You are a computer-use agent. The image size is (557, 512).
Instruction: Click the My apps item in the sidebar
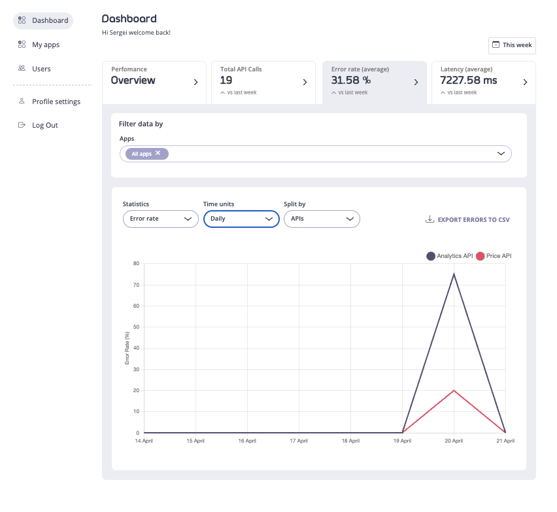pos(45,45)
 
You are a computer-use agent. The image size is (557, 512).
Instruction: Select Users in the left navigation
pos(41,69)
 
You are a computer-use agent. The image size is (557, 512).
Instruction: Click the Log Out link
pos(44,125)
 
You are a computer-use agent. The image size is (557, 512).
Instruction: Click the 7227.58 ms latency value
pos(469,81)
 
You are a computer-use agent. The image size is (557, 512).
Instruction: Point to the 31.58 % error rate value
pos(351,81)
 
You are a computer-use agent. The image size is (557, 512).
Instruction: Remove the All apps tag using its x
pos(158,153)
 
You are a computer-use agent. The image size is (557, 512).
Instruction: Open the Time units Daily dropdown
pos(241,219)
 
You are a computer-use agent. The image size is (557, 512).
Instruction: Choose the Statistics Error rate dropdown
pos(160,219)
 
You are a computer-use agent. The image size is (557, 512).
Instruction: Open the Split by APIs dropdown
pos(322,219)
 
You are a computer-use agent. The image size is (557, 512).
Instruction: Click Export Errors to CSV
pos(467,220)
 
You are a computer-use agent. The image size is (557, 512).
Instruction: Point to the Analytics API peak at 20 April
pos(454,274)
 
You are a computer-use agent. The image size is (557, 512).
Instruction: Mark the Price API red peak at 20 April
pos(454,390)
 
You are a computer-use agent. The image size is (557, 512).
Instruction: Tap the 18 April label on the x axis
pos(350,441)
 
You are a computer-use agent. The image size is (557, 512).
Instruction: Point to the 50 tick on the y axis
pos(136,327)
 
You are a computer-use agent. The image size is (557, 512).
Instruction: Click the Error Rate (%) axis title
pos(127,348)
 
